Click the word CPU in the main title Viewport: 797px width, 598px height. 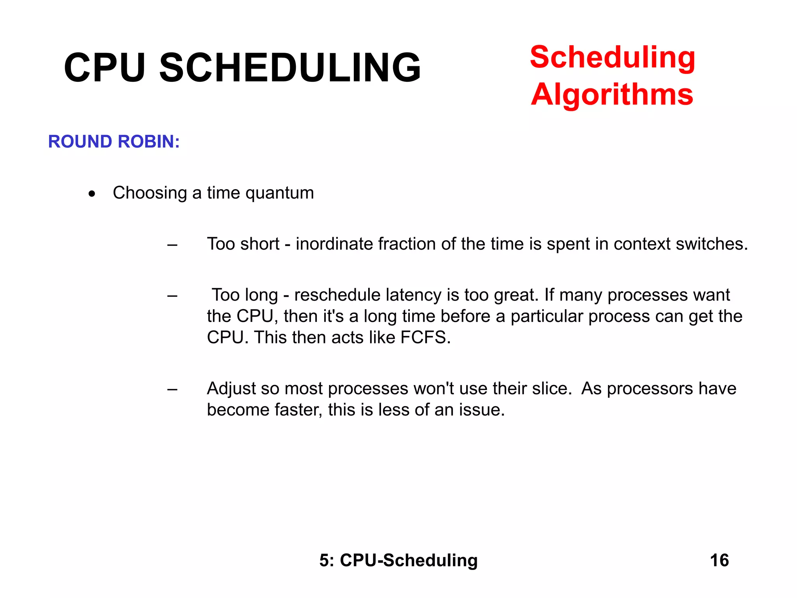(104, 68)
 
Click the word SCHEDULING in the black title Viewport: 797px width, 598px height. (290, 68)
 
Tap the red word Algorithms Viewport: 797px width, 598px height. (612, 95)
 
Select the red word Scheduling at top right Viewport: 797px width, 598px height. (613, 57)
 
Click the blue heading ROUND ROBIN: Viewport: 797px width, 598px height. (114, 142)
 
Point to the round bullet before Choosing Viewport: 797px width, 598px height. (92, 193)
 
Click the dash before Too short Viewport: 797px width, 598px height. (172, 245)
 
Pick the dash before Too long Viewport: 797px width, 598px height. (172, 296)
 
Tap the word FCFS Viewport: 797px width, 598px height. (425, 338)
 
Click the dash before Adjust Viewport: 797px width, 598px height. (172, 390)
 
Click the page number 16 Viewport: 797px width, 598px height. (719, 561)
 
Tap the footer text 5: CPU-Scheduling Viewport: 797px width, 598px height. (398, 561)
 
